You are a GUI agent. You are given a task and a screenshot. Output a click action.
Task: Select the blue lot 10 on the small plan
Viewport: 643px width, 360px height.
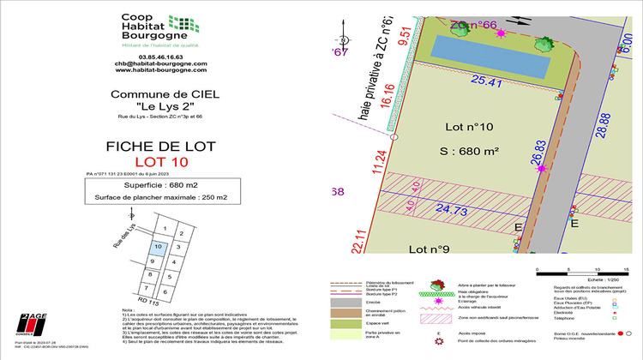[157, 249]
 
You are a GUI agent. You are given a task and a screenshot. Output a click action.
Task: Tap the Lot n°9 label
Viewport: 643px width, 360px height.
[429, 249]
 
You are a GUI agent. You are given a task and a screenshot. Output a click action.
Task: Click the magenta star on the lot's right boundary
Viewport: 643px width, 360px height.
[541, 169]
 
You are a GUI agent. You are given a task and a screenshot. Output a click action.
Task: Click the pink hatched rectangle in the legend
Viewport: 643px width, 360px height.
[436, 319]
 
